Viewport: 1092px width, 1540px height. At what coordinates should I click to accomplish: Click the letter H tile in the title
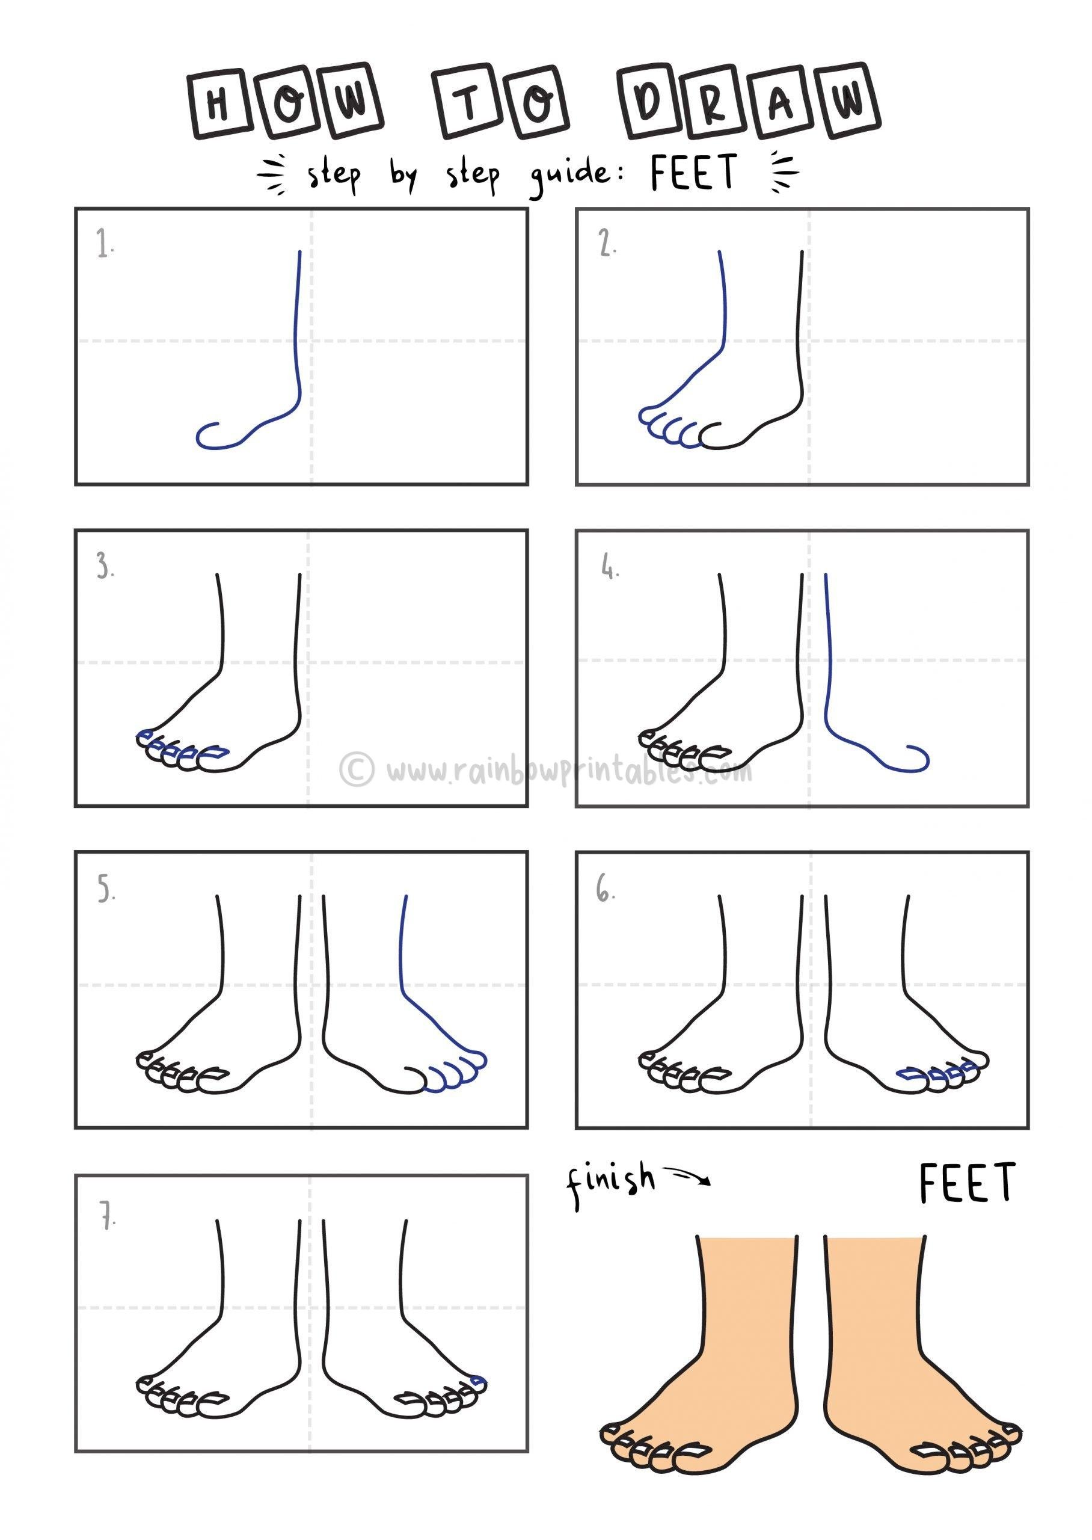(216, 106)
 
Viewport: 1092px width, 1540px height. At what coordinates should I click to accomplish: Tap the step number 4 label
(609, 569)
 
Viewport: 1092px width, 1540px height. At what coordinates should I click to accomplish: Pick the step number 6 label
(605, 892)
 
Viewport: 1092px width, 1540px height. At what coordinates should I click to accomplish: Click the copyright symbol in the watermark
(356, 769)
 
